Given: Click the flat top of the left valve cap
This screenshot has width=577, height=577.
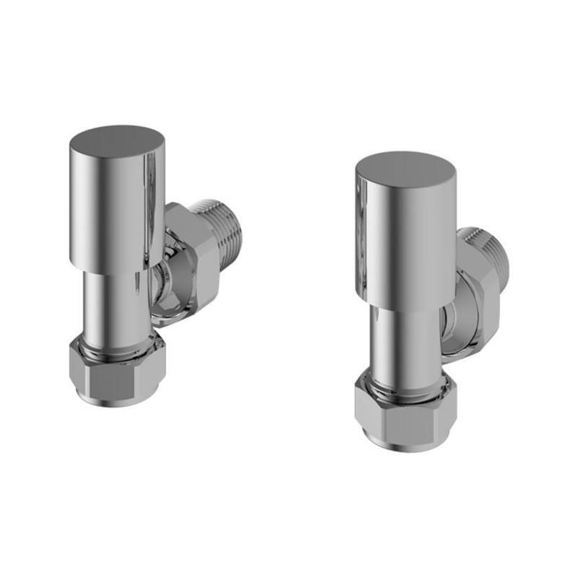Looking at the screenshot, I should tap(117, 140).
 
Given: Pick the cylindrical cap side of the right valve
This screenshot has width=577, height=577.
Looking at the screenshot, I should tap(404, 238).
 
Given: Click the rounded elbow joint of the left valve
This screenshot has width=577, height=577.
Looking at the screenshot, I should tap(163, 288).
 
